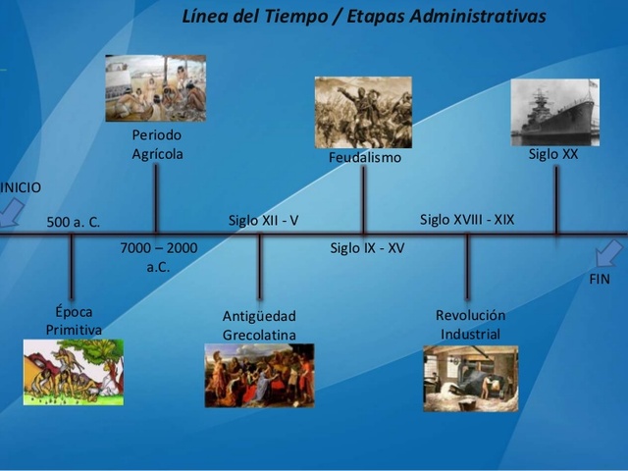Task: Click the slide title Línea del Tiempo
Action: coord(364,17)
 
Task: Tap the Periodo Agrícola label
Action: coord(157,144)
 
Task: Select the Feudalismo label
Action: coord(365,157)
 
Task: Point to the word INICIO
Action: coord(21,186)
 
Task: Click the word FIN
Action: coord(600,279)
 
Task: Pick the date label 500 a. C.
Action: coord(74,223)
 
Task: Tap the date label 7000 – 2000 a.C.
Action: coord(158,257)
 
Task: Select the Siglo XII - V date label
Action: coord(264,220)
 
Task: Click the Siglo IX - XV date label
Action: coord(368,248)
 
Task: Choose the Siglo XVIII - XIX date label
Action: coord(467,220)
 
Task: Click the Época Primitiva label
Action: coord(74,321)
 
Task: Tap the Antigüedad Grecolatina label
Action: coord(259,326)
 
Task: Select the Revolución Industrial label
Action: coord(470,325)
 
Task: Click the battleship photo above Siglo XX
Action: coord(554,111)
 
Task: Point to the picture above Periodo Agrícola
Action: coord(156,87)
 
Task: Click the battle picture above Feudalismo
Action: coord(363,112)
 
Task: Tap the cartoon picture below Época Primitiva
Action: coord(74,372)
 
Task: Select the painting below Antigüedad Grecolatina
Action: coord(259,375)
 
